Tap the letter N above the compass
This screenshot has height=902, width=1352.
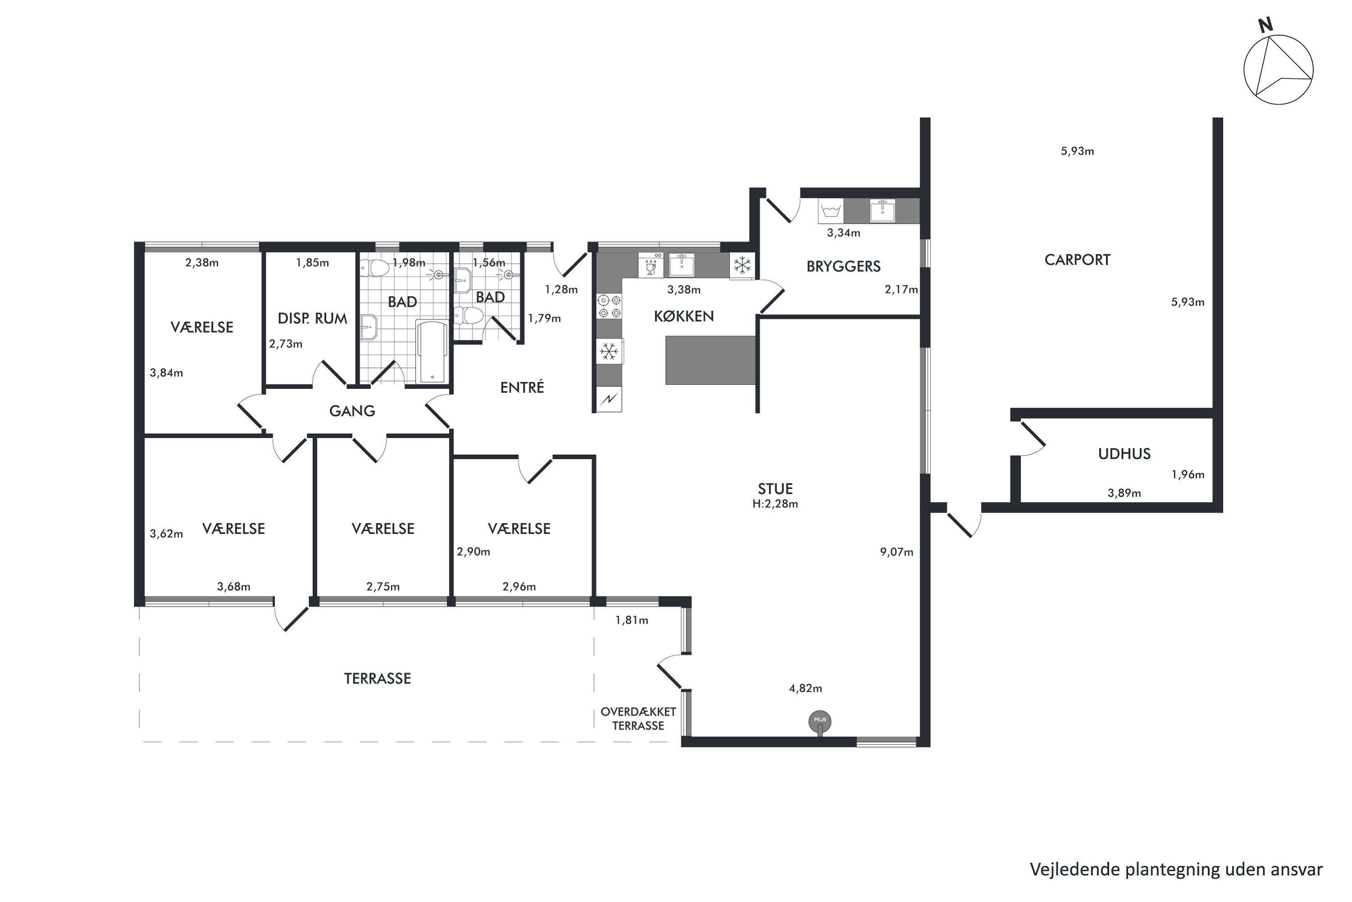tap(1265, 25)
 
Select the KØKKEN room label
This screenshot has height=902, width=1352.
tap(684, 316)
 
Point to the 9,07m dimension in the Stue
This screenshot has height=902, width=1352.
tap(896, 552)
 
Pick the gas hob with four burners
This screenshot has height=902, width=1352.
tap(609, 307)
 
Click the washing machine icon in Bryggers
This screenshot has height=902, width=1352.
tap(831, 211)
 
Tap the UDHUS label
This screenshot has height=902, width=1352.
tap(1124, 454)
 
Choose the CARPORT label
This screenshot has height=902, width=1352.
tap(1077, 260)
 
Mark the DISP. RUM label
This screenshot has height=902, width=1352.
tap(312, 319)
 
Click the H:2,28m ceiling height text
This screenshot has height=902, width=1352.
tap(775, 504)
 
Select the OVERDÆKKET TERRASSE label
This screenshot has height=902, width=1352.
tap(638, 719)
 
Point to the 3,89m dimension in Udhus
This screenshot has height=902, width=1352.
tap(1124, 493)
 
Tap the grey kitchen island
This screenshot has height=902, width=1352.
tap(711, 360)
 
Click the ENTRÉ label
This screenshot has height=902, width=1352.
tap(522, 388)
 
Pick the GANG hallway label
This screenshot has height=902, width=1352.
tap(352, 411)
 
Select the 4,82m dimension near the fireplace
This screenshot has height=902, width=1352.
tap(805, 689)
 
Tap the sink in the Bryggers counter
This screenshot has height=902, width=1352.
tap(882, 211)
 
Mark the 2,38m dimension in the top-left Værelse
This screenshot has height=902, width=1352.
tap(202, 263)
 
